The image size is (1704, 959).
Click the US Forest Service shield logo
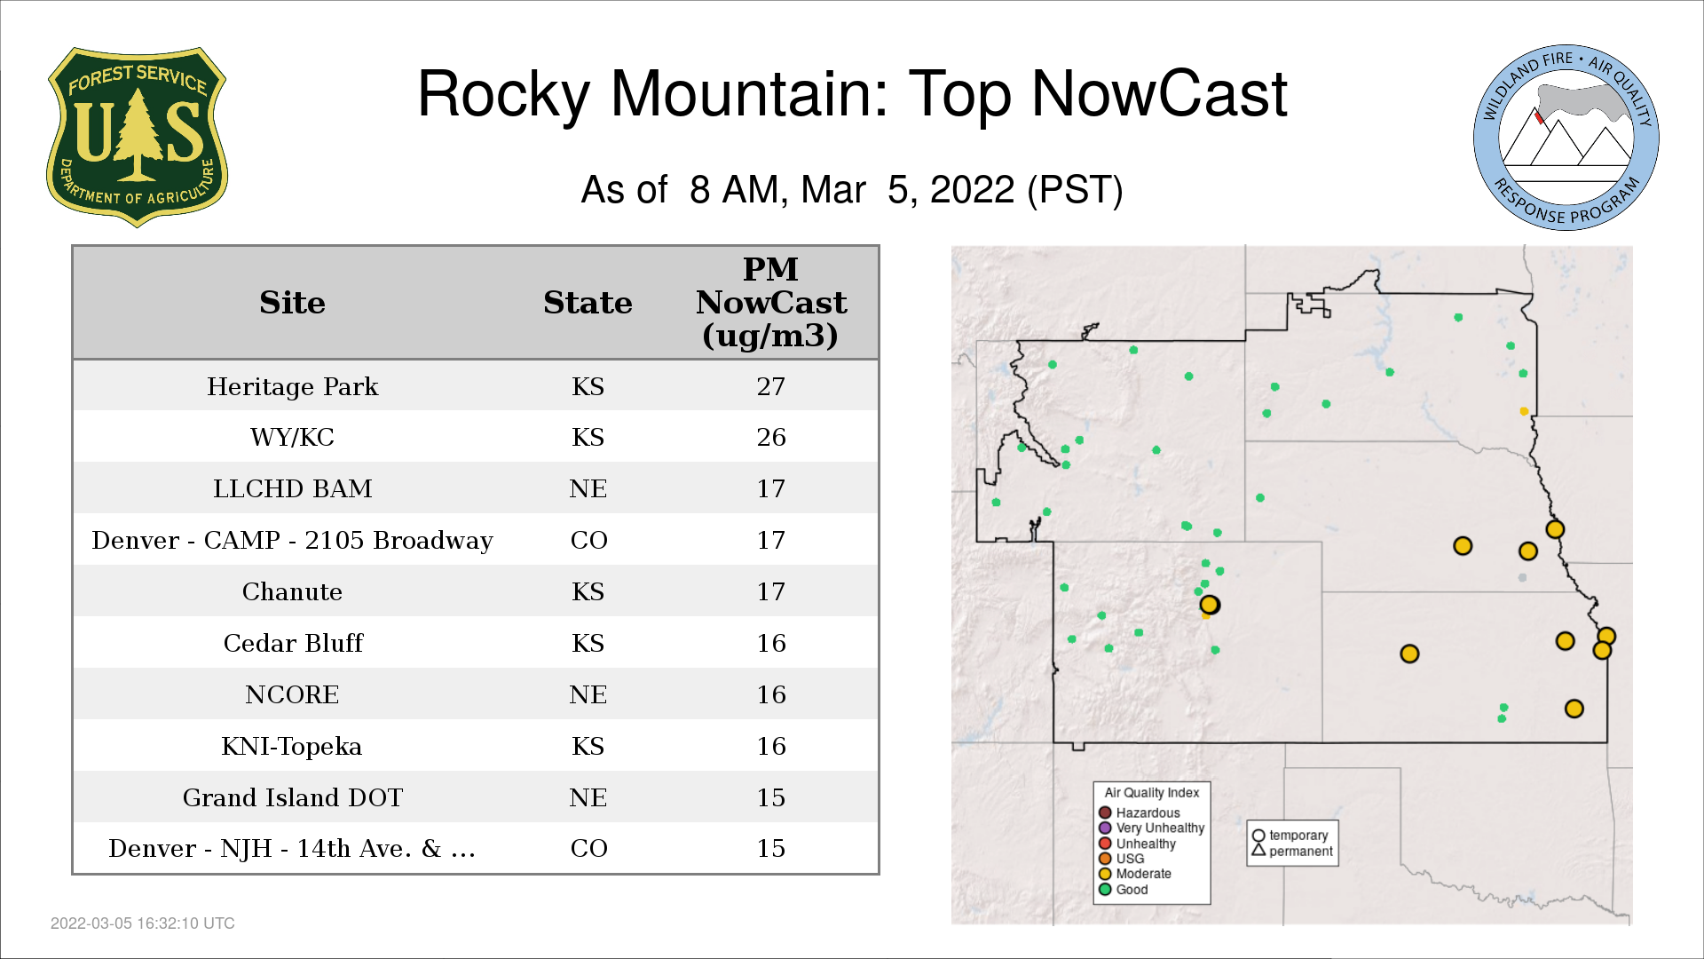pos(137,138)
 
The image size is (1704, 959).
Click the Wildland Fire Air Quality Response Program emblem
pos(1566,138)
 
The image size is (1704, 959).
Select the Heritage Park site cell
pos(293,386)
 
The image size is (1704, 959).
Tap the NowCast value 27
pos(771,386)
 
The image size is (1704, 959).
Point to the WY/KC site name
pos(293,437)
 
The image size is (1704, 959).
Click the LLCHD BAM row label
pos(293,488)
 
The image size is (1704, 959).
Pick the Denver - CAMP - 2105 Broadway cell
pos(293,540)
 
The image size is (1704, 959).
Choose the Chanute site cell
pos(293,591)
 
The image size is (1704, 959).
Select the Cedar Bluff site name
pos(293,643)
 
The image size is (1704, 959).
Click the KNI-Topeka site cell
pos(292,746)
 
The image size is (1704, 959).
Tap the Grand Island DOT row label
pos(293,797)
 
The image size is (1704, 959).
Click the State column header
pos(588,303)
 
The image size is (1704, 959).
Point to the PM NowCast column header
pos(771,302)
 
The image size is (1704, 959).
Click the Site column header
pos(293,303)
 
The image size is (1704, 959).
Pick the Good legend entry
pos(1124,889)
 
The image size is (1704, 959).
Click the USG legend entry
pos(1122,859)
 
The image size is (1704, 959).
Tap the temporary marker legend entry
pos(1290,836)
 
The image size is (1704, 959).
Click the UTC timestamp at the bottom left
pos(143,923)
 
